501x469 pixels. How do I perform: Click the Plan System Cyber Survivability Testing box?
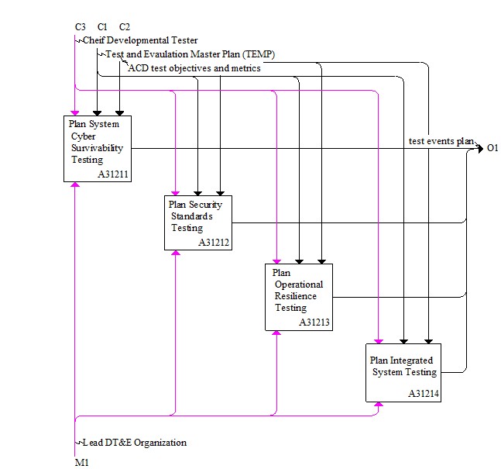tap(98, 149)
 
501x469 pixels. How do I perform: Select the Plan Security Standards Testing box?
tap(198, 222)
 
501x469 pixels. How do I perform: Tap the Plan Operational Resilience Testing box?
tap(299, 297)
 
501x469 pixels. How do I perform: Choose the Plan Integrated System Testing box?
tap(403, 373)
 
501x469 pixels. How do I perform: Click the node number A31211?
tap(113, 174)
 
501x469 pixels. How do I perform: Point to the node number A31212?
tap(214, 243)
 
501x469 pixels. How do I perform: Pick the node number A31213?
tap(314, 322)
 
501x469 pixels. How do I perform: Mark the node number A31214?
tap(424, 394)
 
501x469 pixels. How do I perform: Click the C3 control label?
tap(81, 27)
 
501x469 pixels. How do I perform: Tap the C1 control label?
tap(102, 27)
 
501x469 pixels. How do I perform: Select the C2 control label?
tap(125, 27)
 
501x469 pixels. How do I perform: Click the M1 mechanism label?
tap(82, 462)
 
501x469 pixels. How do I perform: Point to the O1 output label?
tap(492, 148)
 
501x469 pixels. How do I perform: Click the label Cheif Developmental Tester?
tap(140, 40)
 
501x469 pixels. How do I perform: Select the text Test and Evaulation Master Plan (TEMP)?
tap(190, 54)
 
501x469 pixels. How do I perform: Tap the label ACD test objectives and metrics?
tap(194, 68)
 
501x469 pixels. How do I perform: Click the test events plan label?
tap(441, 141)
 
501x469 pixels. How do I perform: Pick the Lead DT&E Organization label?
tap(135, 443)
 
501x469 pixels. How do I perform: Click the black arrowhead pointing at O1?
tap(480, 148)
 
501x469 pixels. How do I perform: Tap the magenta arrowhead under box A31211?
tap(75, 184)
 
